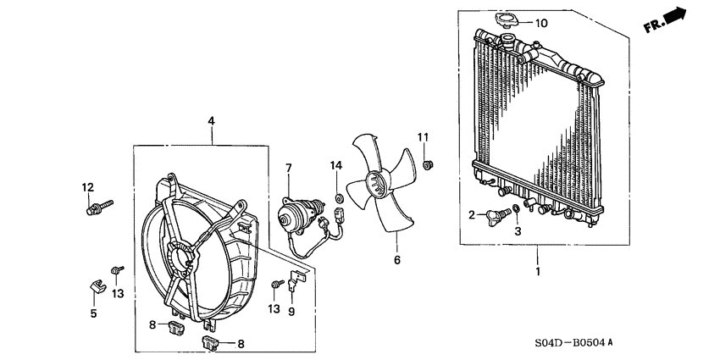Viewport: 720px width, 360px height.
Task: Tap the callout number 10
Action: (541, 23)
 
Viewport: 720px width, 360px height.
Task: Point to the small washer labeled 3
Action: (516, 209)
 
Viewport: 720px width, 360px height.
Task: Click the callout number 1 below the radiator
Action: (538, 271)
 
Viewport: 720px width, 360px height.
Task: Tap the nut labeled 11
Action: (428, 164)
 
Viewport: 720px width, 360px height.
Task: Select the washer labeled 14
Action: (339, 198)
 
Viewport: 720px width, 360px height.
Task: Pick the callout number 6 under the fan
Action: (397, 260)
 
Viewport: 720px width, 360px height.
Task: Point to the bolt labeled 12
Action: (98, 207)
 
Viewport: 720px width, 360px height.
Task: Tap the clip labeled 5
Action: (97, 286)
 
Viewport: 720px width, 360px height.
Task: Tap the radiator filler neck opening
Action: (508, 36)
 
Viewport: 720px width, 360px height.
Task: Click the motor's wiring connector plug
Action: (339, 213)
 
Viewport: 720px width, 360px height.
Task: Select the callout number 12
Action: (88, 187)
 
